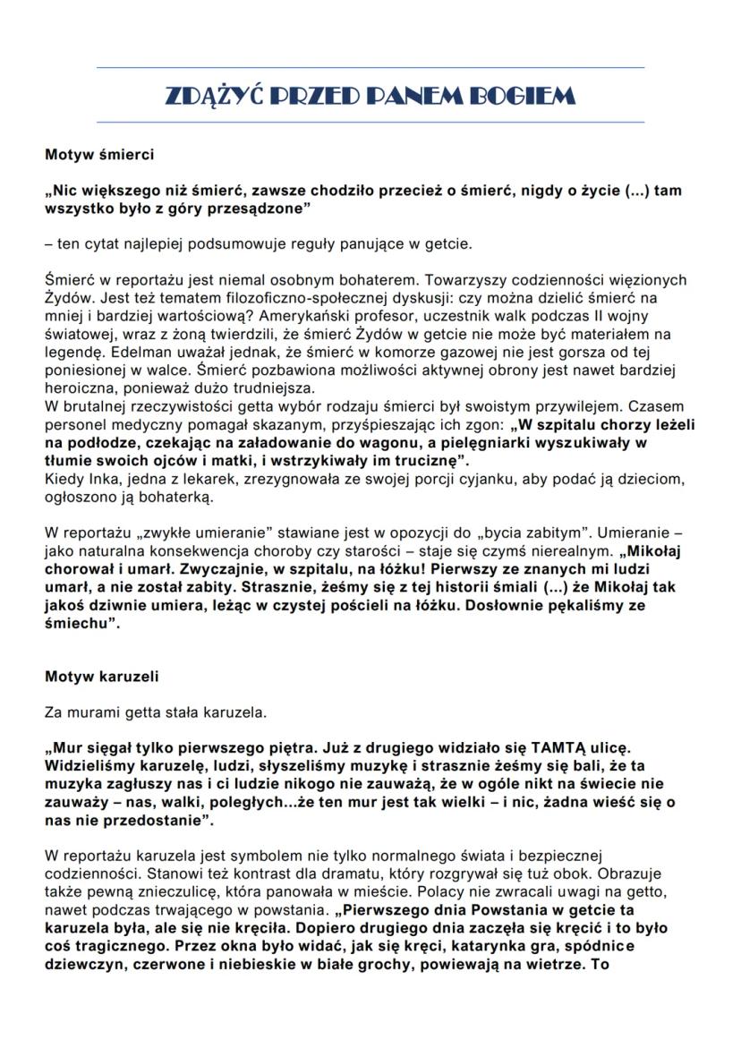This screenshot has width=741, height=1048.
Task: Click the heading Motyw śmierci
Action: pyautogui.click(x=99, y=155)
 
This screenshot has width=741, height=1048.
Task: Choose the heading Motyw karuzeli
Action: pyautogui.click(x=102, y=677)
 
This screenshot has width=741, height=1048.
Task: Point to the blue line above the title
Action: pyautogui.click(x=370, y=67)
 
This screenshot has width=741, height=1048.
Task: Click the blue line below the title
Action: pyautogui.click(x=370, y=122)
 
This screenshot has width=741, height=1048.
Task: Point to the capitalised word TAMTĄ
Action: pyautogui.click(x=563, y=746)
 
